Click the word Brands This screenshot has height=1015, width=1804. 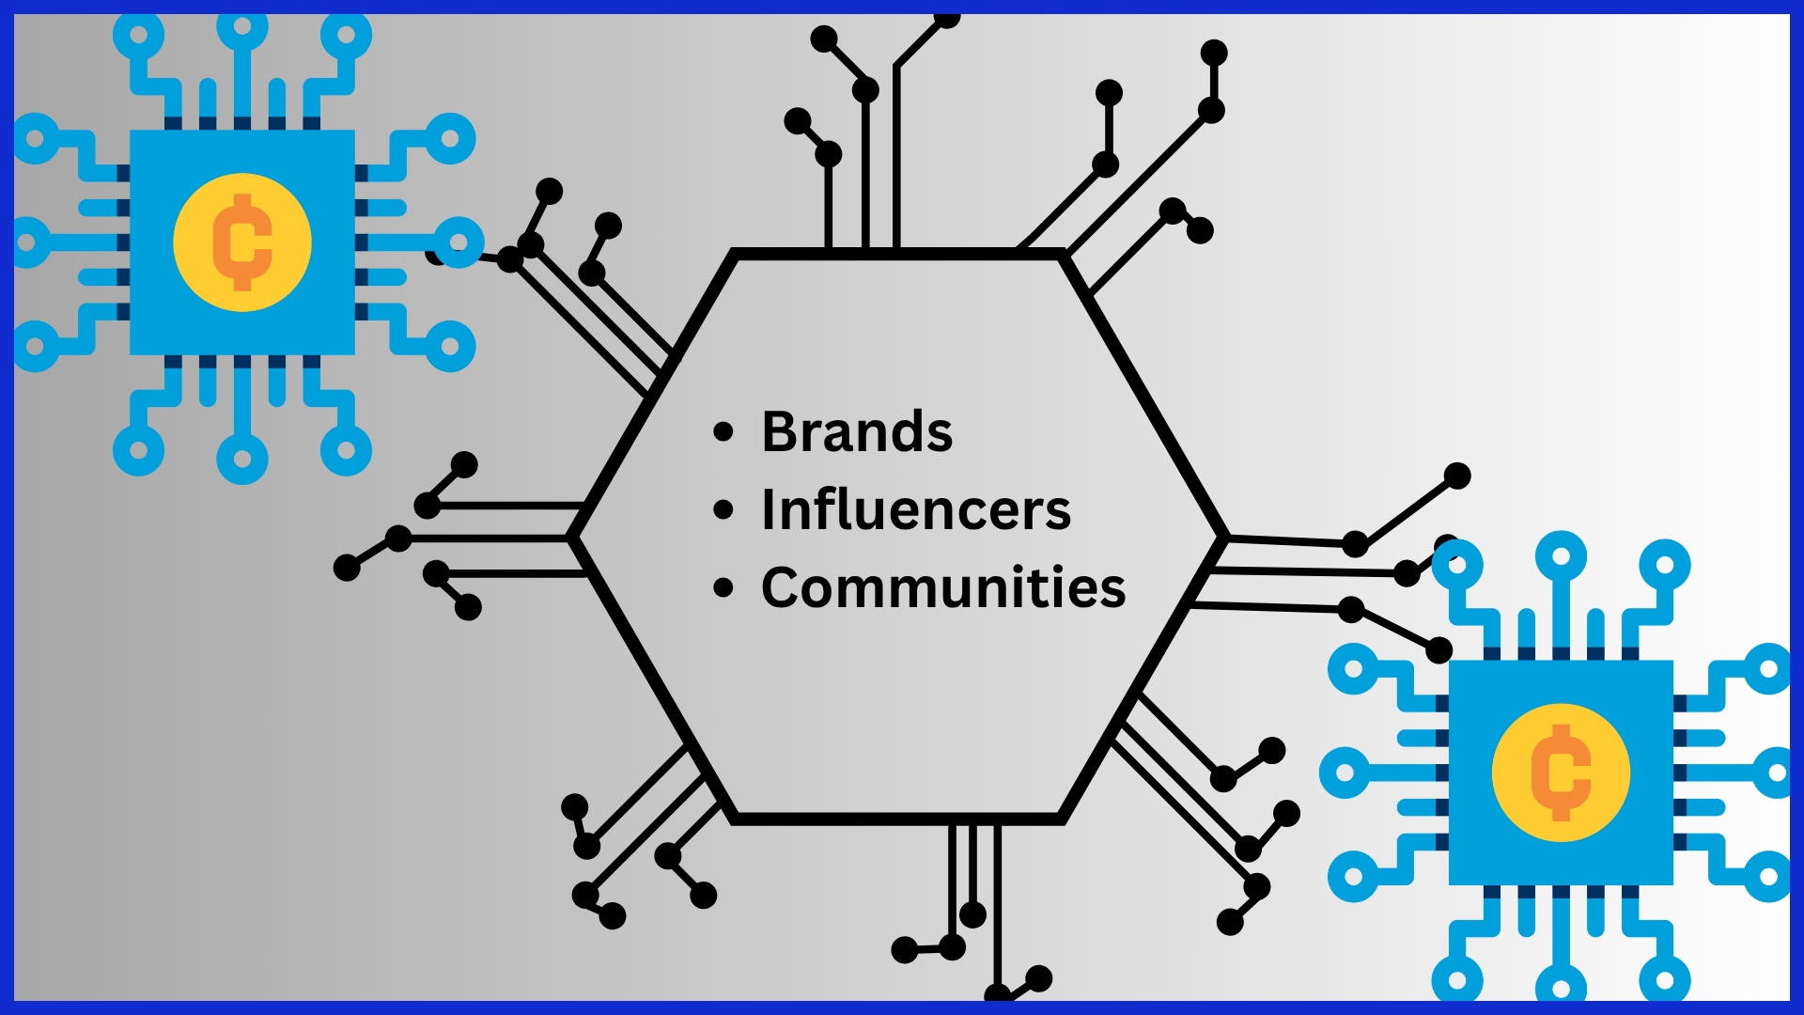pos(857,432)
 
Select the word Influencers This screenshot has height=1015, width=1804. pos(916,510)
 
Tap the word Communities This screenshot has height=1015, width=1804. pos(943,588)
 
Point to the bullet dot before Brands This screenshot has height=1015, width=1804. pos(723,432)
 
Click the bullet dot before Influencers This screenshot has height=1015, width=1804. pos(723,510)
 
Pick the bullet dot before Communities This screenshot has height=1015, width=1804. pos(723,588)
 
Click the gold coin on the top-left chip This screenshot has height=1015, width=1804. pos(242,242)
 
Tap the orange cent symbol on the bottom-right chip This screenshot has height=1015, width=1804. pos(1561,773)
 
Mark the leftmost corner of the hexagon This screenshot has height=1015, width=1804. pos(571,538)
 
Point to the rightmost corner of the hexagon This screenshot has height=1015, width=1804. pos(1225,538)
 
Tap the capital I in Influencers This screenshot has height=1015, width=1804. pos(770,510)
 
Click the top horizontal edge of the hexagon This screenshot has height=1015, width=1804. pos(898,254)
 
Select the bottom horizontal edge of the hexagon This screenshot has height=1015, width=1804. pos(898,820)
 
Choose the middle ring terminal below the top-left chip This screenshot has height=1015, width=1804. pos(242,460)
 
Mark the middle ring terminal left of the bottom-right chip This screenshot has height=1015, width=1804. pos(1345,773)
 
